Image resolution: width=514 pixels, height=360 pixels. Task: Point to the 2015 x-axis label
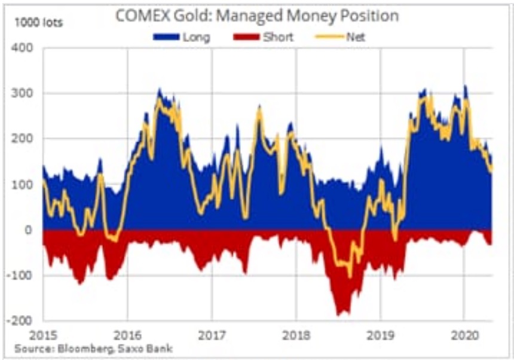click(43, 335)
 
